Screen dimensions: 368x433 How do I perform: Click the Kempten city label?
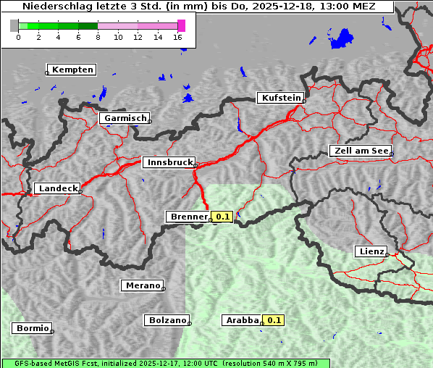(73, 70)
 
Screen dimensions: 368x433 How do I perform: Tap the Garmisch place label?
(125, 118)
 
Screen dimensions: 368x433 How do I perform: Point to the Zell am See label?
(361, 151)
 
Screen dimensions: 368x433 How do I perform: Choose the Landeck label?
(58, 188)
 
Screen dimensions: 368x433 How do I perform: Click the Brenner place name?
(188, 217)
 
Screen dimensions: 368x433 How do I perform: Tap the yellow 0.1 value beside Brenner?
(222, 217)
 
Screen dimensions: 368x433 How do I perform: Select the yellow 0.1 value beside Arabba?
(274, 320)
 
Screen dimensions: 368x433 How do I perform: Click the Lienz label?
(371, 251)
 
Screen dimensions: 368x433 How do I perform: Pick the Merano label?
(142, 285)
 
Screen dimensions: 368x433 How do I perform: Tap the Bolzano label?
(167, 320)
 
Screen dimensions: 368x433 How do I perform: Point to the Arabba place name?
(242, 320)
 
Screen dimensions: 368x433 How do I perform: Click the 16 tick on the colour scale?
(178, 37)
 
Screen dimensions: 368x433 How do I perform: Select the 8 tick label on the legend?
(98, 37)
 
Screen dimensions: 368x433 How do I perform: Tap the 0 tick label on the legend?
(18, 37)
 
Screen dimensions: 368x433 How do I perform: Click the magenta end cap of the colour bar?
(181, 25)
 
